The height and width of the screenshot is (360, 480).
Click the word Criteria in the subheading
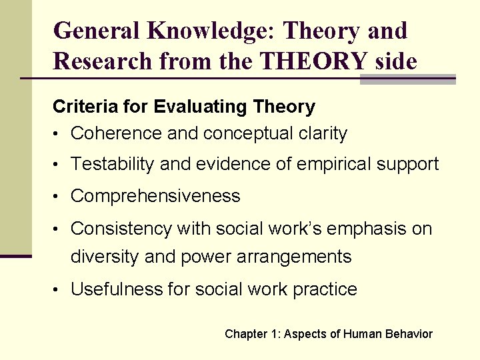(77, 107)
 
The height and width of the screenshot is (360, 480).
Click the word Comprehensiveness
(155, 196)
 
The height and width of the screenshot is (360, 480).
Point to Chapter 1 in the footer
(251, 334)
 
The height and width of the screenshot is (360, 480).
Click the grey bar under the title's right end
(407, 80)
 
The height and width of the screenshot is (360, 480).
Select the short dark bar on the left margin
(15, 255)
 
